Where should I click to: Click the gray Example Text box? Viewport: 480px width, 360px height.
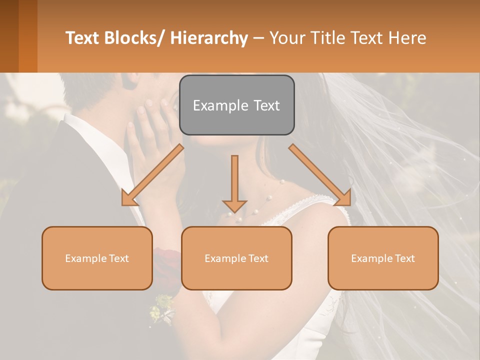[x=236, y=105]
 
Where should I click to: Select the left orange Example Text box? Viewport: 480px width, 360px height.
[x=97, y=258]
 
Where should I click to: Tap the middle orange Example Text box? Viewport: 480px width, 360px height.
[x=236, y=258]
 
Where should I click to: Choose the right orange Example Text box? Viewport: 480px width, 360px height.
[x=383, y=258]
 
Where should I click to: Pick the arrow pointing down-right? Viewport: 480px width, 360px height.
[x=320, y=175]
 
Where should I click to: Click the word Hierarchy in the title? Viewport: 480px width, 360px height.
[x=209, y=38]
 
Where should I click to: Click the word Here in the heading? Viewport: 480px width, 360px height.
[x=407, y=38]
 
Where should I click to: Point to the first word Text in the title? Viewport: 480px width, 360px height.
[x=82, y=38]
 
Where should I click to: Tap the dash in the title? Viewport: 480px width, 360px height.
[x=258, y=38]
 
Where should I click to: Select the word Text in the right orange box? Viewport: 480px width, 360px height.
[x=404, y=258]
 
